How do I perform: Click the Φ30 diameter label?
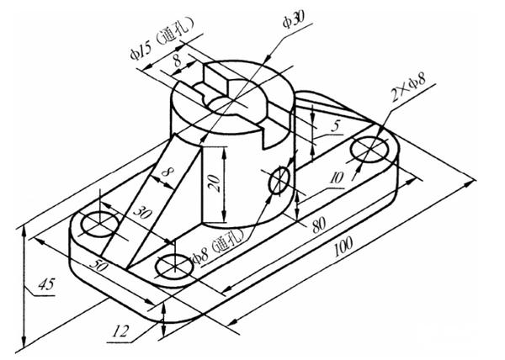tap(297, 19)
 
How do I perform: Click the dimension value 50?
tap(98, 265)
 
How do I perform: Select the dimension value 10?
tap(337, 177)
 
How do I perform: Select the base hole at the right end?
tap(369, 151)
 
